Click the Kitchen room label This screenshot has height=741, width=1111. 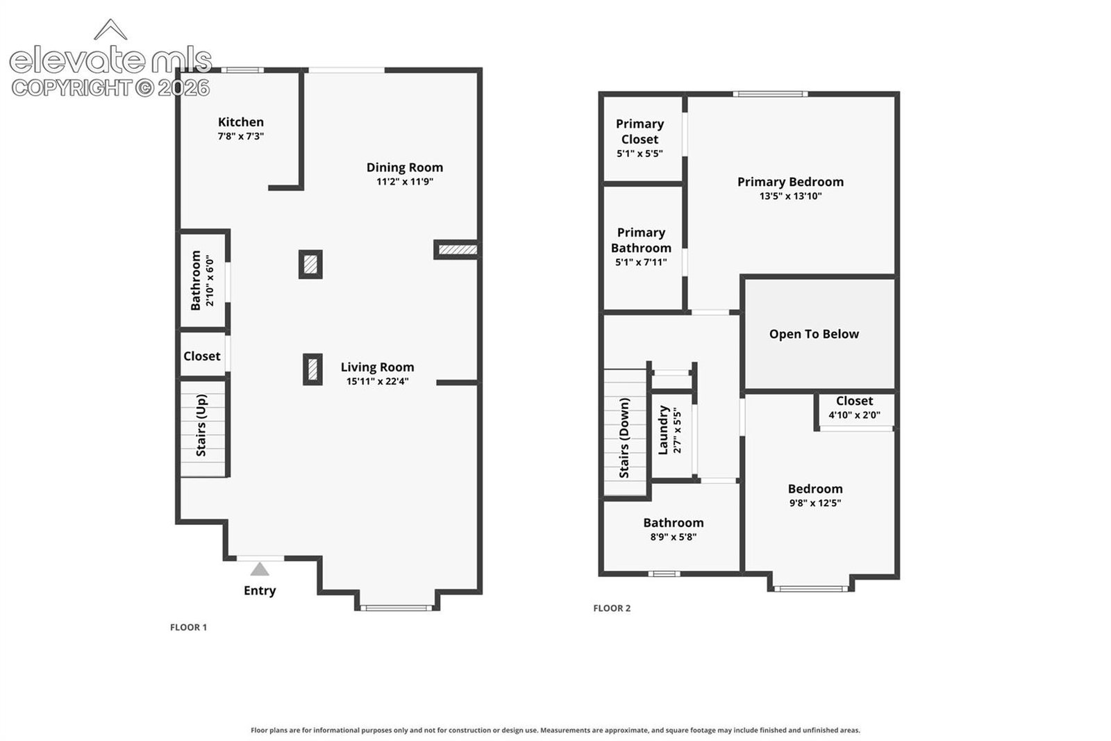(240, 122)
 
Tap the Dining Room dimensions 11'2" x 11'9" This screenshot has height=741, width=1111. (405, 181)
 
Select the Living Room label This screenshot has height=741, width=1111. (378, 367)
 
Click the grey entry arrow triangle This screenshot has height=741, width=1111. (260, 569)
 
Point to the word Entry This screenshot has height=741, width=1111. (260, 591)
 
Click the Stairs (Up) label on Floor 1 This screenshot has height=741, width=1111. (201, 425)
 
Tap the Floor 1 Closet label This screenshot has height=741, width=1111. (202, 356)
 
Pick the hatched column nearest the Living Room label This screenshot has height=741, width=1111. (312, 369)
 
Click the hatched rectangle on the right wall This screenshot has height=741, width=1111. (458, 249)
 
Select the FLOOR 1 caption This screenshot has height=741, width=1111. (188, 627)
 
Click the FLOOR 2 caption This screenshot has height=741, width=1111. (612, 608)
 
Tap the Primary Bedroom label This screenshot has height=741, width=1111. (791, 182)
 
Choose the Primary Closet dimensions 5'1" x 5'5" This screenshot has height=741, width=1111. (640, 153)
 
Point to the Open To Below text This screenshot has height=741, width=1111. (814, 334)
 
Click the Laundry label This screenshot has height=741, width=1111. (663, 430)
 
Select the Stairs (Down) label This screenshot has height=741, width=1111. (624, 438)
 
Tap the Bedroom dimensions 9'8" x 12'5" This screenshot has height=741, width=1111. (815, 503)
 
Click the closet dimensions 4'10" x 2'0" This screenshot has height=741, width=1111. (855, 415)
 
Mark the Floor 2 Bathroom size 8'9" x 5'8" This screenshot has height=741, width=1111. (674, 537)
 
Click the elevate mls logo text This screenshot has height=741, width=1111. (110, 60)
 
